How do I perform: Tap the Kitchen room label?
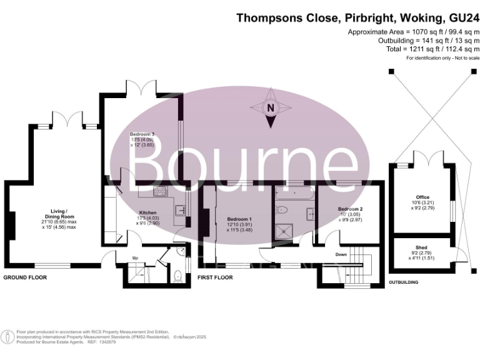(x=147, y=212)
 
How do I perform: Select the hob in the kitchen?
(x=159, y=192)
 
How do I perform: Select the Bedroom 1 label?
(x=239, y=219)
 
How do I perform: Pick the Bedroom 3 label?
(x=142, y=134)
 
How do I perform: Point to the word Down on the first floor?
(x=341, y=254)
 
